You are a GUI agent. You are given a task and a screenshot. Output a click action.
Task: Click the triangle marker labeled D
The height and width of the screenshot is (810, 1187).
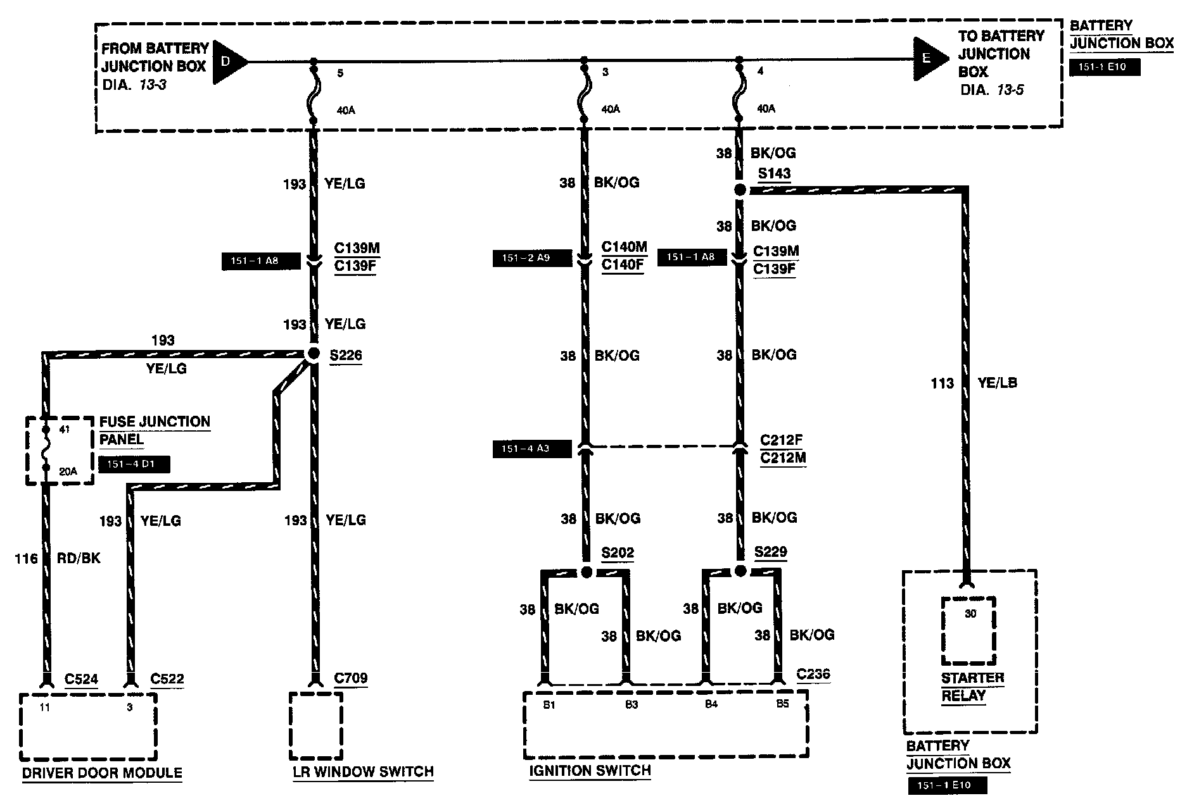point(227,62)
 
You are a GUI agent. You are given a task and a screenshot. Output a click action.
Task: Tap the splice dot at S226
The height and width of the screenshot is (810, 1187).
point(313,354)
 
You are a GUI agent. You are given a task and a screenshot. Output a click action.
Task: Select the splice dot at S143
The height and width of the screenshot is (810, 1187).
point(739,190)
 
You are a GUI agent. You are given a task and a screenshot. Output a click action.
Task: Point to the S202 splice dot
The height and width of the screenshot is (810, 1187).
point(587,573)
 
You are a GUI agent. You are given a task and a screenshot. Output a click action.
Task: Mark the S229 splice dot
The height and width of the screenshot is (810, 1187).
point(740,572)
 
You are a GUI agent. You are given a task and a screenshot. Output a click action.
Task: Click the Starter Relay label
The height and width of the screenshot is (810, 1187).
point(972,687)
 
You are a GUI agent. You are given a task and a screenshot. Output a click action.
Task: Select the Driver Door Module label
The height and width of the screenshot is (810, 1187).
point(102,773)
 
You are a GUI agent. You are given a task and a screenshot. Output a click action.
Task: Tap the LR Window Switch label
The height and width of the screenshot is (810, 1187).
point(363,771)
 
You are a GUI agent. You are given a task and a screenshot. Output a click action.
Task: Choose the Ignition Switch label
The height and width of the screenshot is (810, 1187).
point(590,771)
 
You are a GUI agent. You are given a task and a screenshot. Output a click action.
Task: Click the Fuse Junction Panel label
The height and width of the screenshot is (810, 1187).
point(155,430)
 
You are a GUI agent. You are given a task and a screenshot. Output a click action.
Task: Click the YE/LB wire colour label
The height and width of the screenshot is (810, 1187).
point(997,382)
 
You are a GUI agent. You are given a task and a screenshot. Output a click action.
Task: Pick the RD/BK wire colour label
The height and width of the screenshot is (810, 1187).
point(79,558)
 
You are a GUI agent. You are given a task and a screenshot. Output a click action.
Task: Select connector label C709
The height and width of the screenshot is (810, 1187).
point(350,678)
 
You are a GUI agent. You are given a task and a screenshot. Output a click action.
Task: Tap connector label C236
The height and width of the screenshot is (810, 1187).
point(813,674)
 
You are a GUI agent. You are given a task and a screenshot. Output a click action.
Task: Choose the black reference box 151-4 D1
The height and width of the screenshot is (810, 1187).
point(134,464)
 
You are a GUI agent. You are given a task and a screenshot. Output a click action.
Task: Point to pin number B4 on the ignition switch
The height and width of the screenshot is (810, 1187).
point(711,704)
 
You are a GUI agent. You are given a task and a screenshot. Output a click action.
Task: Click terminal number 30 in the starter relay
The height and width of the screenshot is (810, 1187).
point(970,613)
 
